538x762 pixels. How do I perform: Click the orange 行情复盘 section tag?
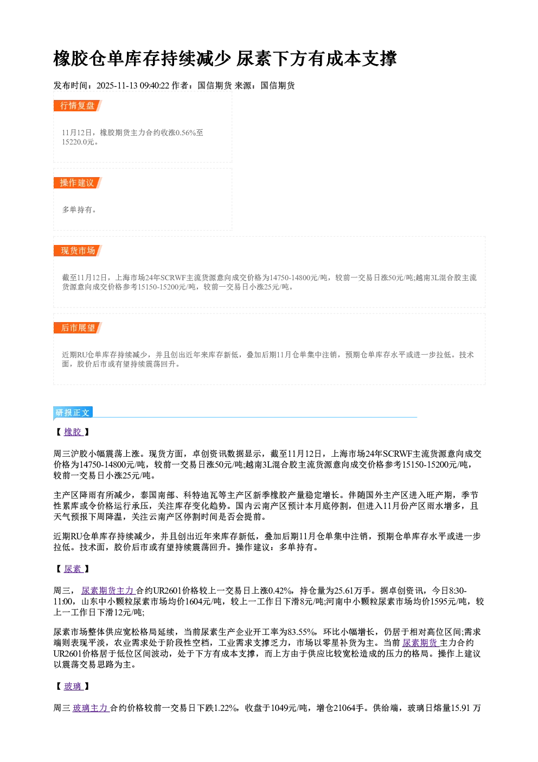click(78, 105)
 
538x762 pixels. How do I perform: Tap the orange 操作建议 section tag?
click(78, 182)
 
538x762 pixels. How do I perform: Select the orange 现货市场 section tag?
click(78, 250)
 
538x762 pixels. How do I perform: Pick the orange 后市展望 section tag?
click(78, 328)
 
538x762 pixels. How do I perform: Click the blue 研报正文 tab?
click(73, 413)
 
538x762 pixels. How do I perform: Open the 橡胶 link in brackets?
click(73, 432)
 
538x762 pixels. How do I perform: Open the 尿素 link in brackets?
click(73, 569)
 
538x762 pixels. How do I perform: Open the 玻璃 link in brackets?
click(73, 686)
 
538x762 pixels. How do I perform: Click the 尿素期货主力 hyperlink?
click(108, 590)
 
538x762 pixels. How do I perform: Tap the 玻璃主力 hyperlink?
click(91, 708)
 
